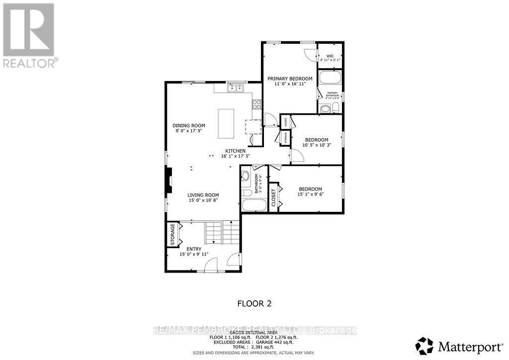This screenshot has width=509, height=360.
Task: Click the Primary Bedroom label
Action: [x=290, y=79]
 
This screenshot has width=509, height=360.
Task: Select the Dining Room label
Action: [x=188, y=126]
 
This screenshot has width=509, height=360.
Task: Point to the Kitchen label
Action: [x=235, y=151]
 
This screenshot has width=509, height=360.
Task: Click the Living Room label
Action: [x=203, y=195]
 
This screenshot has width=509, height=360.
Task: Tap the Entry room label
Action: [x=194, y=249]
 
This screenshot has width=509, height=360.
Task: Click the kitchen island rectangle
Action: [x=226, y=124]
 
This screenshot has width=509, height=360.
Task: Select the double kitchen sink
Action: [x=235, y=88]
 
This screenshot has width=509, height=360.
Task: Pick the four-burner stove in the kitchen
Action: [x=257, y=104]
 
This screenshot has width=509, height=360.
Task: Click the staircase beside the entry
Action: [x=223, y=233]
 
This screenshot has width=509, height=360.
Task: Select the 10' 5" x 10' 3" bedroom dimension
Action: [x=317, y=145]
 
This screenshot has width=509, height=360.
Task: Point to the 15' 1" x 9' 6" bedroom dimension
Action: [x=310, y=194]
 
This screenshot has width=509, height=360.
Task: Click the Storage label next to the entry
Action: [x=173, y=234]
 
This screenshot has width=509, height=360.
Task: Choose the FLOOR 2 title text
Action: [x=254, y=303]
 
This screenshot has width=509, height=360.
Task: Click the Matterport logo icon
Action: [x=424, y=345]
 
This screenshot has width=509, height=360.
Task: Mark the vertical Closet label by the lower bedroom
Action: [x=273, y=197]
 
